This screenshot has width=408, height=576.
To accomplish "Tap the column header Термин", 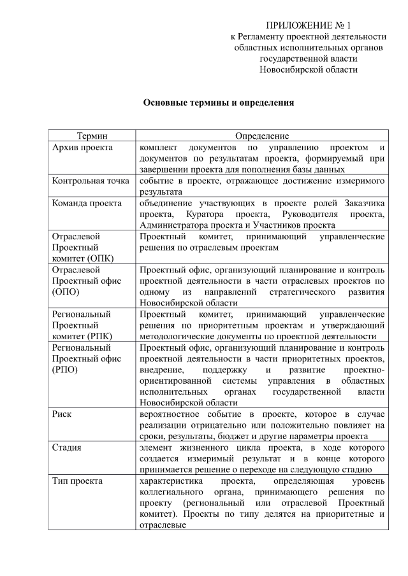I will pyautogui.click(x=92, y=136).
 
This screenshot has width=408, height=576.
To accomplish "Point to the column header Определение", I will pyautogui.click(x=262, y=136).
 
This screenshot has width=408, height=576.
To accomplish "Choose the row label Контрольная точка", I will pyautogui.click(x=91, y=181).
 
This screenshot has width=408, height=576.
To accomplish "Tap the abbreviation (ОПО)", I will pyautogui.click(x=66, y=293).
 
